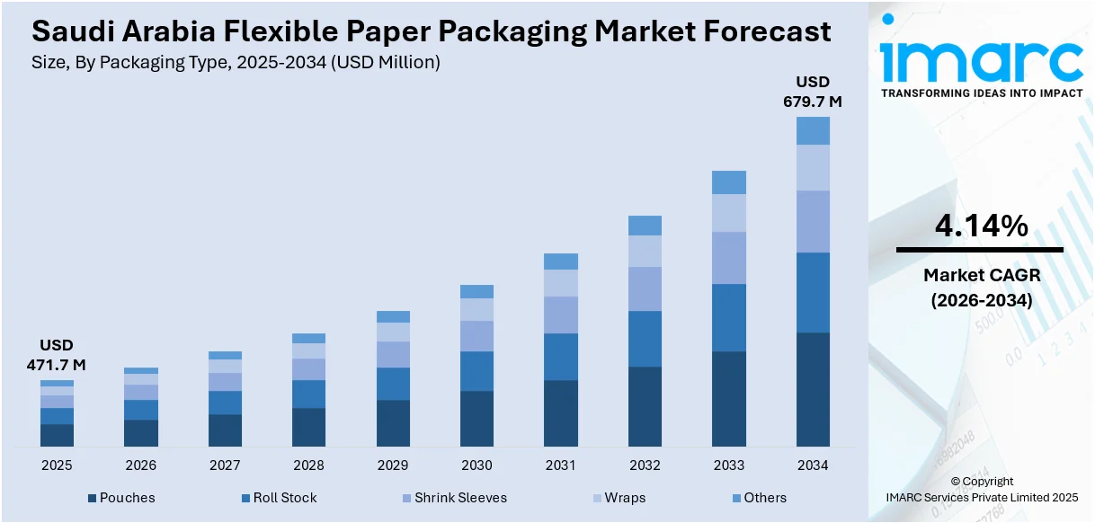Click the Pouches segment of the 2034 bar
click(813, 389)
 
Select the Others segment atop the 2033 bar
click(729, 182)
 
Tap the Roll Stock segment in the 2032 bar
click(645, 339)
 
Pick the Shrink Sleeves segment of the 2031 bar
click(561, 315)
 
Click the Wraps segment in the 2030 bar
click(476, 309)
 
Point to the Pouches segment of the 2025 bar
click(57, 435)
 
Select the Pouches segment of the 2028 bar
click(308, 427)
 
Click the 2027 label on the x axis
click(225, 465)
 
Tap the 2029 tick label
click(393, 465)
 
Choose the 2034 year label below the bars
click(813, 465)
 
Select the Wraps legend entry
click(625, 498)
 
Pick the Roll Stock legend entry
click(284, 498)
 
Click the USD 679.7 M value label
click(813, 93)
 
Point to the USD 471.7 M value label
click(57, 355)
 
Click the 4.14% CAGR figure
click(981, 227)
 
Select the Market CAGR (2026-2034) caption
click(981, 288)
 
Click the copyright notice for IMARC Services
click(981, 489)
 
